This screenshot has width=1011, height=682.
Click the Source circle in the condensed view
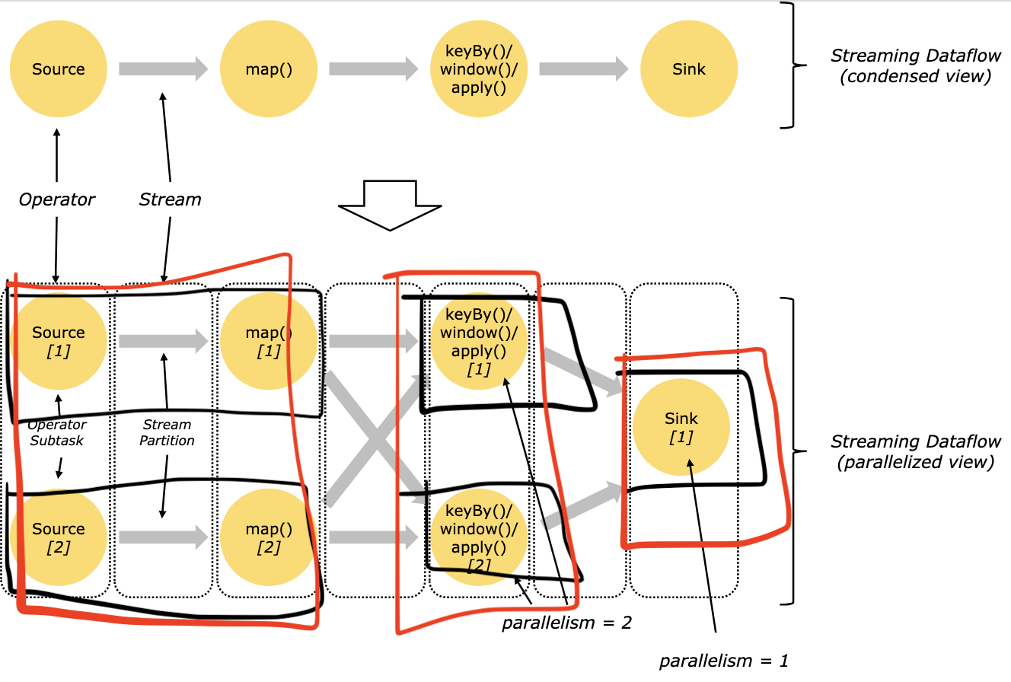(59, 69)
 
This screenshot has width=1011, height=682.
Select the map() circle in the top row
(269, 69)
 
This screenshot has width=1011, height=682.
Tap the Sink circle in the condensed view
(688, 69)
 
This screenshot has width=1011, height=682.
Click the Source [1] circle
(59, 340)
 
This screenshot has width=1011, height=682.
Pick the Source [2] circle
(59, 537)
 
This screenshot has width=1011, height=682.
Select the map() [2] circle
(269, 537)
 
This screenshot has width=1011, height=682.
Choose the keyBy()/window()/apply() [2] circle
(479, 537)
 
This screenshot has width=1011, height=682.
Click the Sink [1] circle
(681, 428)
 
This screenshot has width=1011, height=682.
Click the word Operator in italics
(57, 199)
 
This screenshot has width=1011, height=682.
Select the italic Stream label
(170, 199)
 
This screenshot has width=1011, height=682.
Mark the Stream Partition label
(167, 432)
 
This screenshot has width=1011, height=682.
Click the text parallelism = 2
(566, 623)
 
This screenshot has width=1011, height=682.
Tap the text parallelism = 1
(723, 661)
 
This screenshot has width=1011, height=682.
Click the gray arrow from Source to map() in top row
(163, 69)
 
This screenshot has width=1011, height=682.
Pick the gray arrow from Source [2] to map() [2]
(163, 537)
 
